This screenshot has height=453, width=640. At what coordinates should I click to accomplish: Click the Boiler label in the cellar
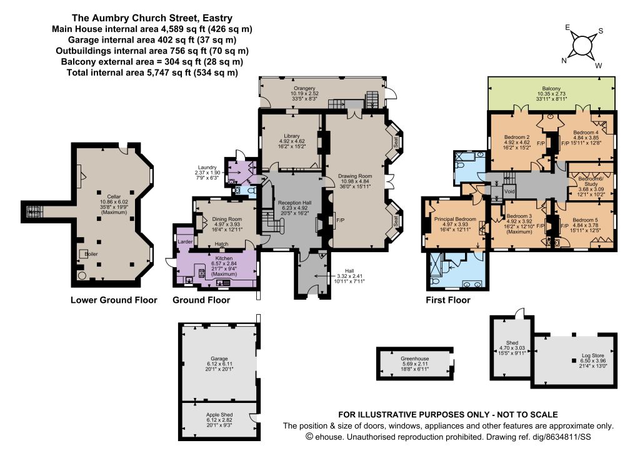point(91,254)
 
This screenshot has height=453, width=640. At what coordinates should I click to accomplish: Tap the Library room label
point(292,136)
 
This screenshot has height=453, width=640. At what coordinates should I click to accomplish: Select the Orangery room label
point(304,88)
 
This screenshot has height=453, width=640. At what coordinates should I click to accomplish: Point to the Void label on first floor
point(509,191)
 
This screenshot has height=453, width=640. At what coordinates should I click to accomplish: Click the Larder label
point(185,242)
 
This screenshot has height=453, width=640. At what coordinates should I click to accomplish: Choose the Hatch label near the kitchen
point(222,244)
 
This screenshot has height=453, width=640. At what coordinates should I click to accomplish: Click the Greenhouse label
point(415,359)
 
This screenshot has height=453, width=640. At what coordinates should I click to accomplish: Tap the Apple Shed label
point(219,415)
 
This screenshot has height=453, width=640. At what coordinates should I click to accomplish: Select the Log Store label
point(593,356)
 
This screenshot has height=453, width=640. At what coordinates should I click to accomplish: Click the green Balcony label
point(551,89)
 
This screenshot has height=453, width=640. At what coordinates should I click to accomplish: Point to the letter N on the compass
point(564,61)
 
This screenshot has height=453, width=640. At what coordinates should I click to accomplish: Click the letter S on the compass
point(601,31)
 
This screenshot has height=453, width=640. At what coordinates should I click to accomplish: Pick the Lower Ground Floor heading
point(114,300)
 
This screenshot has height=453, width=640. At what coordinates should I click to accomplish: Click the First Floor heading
point(448,300)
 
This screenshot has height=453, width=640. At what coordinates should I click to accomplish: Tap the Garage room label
point(219,359)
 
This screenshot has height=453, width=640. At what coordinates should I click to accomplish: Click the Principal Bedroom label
point(455,220)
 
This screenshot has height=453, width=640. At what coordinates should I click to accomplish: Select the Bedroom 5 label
point(585,220)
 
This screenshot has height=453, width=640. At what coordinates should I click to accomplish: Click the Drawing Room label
point(355,176)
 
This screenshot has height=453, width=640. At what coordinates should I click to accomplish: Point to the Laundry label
point(207,168)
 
